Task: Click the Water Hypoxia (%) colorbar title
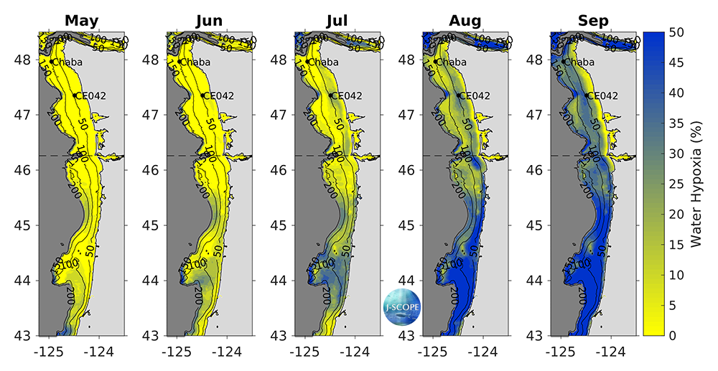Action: tap(696, 184)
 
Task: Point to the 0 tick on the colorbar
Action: tap(676, 335)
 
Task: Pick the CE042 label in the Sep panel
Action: tap(602, 95)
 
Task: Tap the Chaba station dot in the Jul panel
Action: tap(307, 62)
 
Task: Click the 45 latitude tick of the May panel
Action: tap(22, 225)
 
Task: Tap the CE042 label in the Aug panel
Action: tap(475, 95)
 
